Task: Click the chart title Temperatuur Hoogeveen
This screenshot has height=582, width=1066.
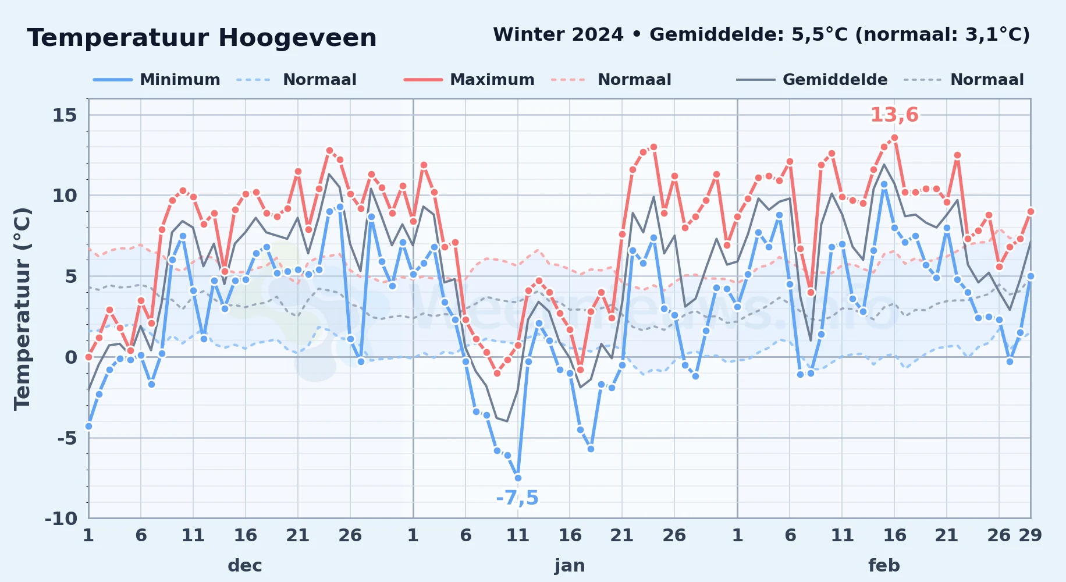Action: (202, 38)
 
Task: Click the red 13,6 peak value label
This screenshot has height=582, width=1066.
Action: (894, 115)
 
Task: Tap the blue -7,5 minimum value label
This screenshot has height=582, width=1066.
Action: (517, 498)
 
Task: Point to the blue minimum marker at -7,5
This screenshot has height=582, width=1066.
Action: (518, 478)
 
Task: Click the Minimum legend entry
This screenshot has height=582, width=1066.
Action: (157, 80)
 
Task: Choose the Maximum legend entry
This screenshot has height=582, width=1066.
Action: (470, 80)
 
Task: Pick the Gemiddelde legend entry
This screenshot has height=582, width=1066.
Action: (812, 80)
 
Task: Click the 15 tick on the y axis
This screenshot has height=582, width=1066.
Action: (65, 115)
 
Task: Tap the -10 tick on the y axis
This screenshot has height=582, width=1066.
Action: (61, 518)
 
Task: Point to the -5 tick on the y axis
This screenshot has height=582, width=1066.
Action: (67, 438)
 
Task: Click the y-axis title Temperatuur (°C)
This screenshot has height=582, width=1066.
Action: (22, 309)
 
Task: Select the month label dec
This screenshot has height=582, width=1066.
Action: (245, 565)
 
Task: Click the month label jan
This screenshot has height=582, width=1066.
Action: (570, 565)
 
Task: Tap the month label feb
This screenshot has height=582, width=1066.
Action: (884, 565)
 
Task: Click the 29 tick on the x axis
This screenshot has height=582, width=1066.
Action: (1030, 535)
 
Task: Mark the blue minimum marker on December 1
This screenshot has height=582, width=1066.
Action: (88, 426)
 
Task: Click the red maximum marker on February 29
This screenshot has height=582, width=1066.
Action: (1031, 211)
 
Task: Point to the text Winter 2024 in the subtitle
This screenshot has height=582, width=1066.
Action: (558, 34)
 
